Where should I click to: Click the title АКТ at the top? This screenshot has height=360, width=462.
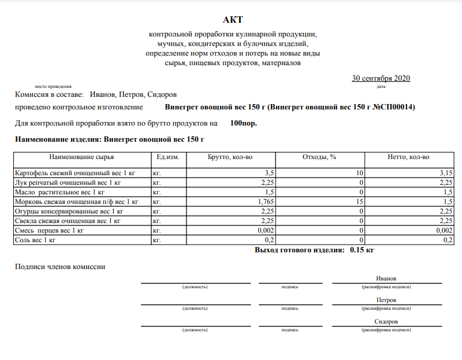pos(232,21)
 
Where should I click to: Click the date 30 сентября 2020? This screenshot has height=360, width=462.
pos(381,78)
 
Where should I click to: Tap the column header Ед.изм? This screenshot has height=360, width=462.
pos(167,157)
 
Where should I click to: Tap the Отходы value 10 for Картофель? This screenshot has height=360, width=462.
pos(360,173)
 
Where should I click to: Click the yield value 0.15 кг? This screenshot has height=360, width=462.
pos(362,250)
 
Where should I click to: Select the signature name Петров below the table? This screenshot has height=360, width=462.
pos(387,300)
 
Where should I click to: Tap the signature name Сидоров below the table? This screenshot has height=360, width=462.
pos(387,321)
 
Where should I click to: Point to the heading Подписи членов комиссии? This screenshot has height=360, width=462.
pos(60,266)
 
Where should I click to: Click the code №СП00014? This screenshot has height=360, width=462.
pos(391,107)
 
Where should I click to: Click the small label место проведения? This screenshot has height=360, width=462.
pos(53,87)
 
